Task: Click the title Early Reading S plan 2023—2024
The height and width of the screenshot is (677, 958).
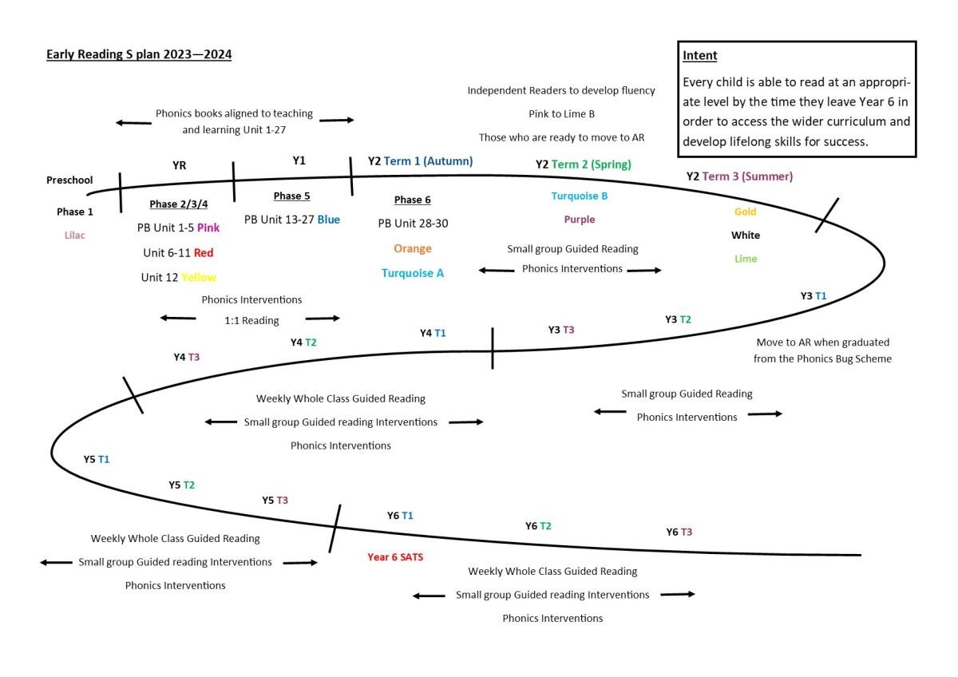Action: point(139,54)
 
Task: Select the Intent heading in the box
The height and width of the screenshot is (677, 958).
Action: point(700,56)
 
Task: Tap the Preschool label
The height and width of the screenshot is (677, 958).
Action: point(69,180)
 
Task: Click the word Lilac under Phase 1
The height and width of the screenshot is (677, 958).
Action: point(75,236)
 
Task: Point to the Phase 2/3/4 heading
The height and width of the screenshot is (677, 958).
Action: point(178,204)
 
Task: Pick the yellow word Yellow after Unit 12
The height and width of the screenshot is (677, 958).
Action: point(199,278)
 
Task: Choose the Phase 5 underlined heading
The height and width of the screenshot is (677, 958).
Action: point(291,196)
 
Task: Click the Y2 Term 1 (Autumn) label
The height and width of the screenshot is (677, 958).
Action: point(420,161)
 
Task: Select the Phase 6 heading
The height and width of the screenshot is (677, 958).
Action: point(413,200)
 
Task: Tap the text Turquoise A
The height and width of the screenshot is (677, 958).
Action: point(413,273)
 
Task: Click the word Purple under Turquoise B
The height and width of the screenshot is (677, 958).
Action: point(580,220)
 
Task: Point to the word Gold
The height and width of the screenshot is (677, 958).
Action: point(745,212)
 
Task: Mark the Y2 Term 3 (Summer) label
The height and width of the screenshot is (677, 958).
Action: point(739,176)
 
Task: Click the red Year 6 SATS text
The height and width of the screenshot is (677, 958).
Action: point(395,557)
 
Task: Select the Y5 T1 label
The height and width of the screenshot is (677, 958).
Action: point(97,460)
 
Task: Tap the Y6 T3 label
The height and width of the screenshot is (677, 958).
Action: point(679,532)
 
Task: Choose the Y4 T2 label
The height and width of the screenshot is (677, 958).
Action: point(303,342)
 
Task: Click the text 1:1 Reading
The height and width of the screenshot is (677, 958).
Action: point(251,321)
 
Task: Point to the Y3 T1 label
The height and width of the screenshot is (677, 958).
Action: point(814,296)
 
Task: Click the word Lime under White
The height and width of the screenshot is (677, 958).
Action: point(746,259)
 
